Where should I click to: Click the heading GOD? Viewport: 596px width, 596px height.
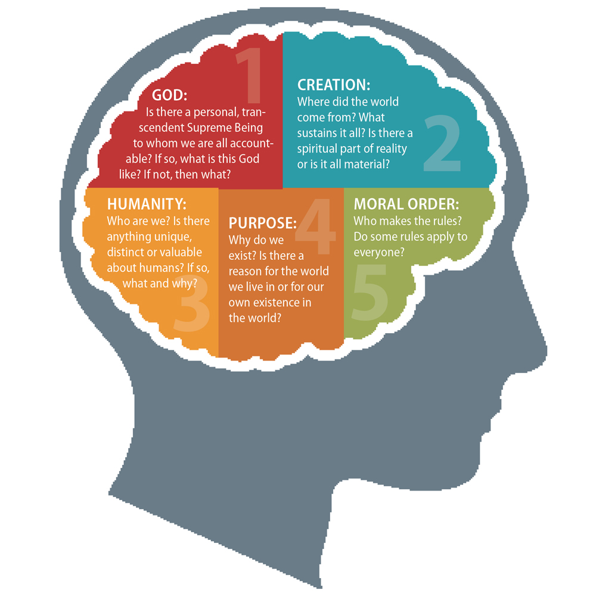[169, 95]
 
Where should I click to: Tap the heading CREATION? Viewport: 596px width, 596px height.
[334, 85]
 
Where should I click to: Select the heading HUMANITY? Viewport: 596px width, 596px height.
[147, 204]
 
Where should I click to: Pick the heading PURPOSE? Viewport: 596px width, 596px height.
[263, 223]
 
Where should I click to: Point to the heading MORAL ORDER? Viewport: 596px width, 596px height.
[406, 204]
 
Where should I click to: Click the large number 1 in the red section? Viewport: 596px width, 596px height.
[250, 75]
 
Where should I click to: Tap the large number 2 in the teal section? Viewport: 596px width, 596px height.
[442, 143]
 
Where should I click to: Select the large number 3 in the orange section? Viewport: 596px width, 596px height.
[192, 303]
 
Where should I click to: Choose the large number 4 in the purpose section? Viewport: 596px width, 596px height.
[315, 226]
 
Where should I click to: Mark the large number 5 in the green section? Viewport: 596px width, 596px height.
[370, 293]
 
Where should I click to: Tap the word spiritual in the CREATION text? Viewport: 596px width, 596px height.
[317, 149]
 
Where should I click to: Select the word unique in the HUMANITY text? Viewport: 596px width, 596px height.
[174, 237]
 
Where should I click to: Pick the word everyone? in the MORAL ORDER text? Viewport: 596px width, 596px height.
[379, 252]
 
